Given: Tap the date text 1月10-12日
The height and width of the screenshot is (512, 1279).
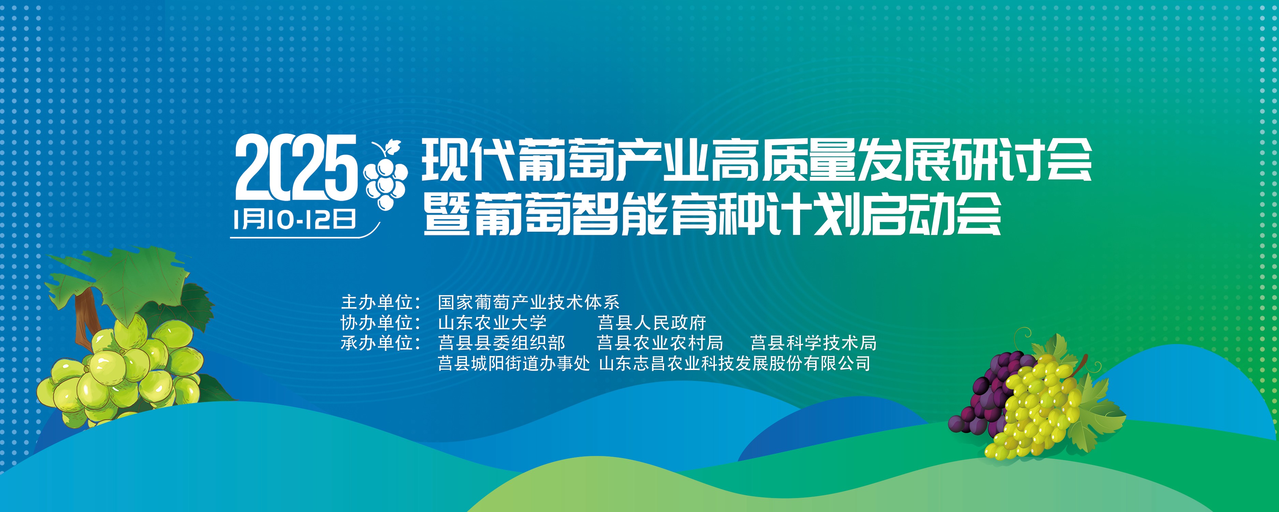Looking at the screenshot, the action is click(294, 219).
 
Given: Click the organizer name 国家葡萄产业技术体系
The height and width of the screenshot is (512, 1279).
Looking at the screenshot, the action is click(529, 302).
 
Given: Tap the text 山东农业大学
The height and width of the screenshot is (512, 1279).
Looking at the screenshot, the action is click(493, 323).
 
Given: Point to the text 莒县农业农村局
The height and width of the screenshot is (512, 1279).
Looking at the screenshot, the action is click(660, 343).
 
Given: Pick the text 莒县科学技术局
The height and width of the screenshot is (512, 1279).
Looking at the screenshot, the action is click(814, 343).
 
